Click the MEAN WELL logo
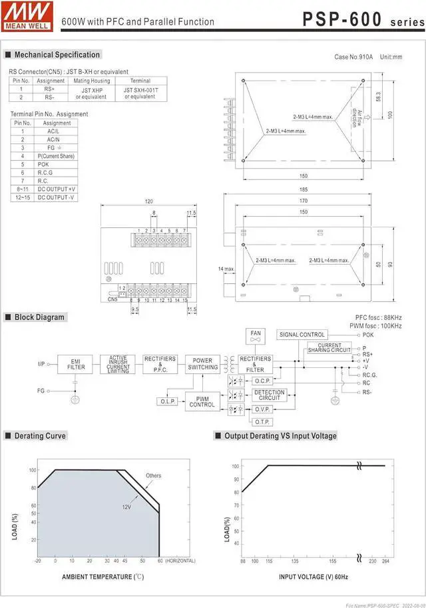click(x=26, y=15)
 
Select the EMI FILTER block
click(x=76, y=364)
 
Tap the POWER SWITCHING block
click(x=202, y=364)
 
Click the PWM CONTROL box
click(x=202, y=401)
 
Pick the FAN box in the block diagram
click(x=256, y=335)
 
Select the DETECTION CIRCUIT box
click(x=270, y=395)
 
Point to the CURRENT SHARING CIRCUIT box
click(x=329, y=348)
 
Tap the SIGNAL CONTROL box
click(x=302, y=335)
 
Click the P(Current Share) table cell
click(x=57, y=156)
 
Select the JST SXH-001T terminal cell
click(x=140, y=93)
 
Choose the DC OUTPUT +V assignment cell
click(x=57, y=189)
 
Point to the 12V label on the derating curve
click(x=126, y=507)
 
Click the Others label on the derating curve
click(x=153, y=475)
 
